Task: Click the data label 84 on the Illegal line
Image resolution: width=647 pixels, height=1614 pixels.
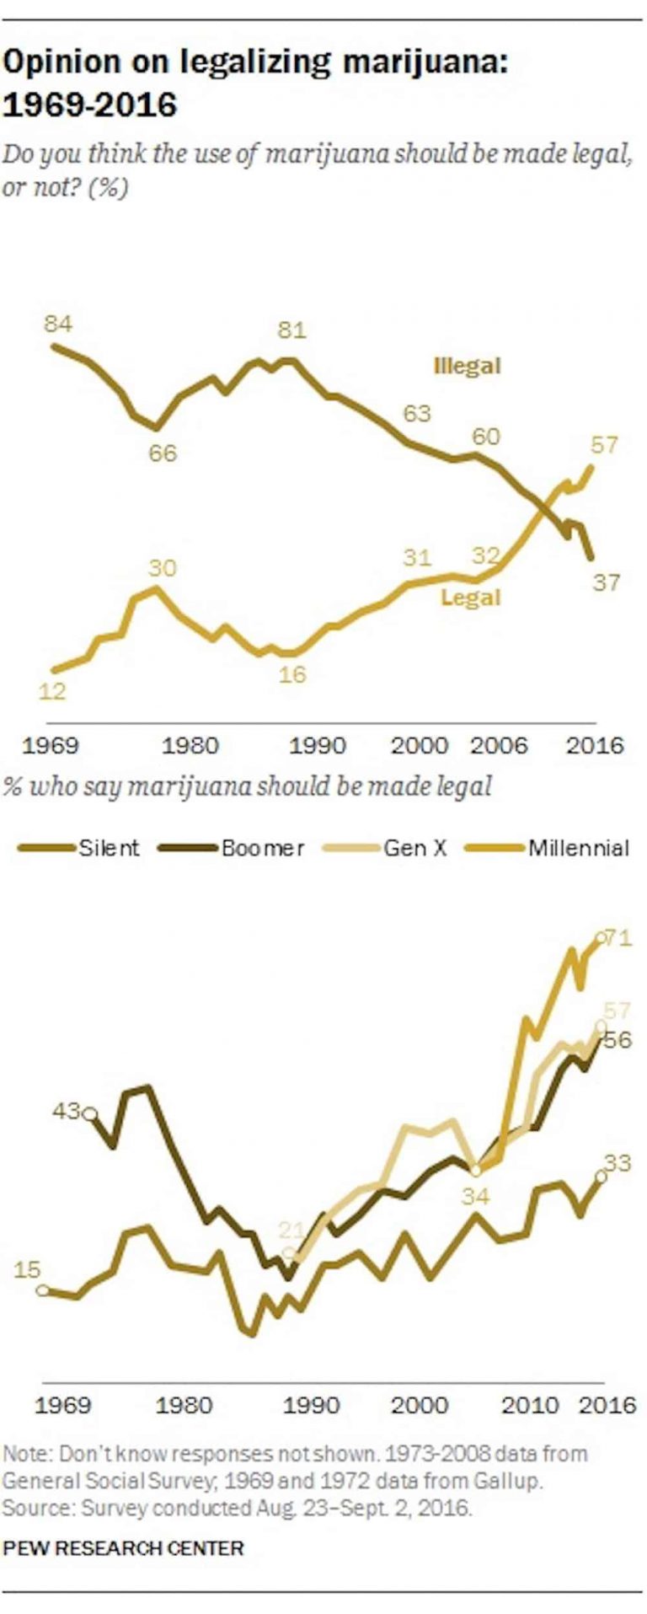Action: click(x=59, y=324)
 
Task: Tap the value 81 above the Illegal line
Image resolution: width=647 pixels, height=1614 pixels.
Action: click(x=291, y=330)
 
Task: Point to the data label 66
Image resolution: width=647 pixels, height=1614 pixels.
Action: click(x=163, y=453)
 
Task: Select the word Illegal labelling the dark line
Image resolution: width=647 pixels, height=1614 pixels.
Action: click(x=467, y=366)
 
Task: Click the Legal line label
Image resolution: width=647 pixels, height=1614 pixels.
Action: click(x=471, y=598)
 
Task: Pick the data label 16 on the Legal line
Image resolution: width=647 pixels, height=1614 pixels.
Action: click(x=292, y=674)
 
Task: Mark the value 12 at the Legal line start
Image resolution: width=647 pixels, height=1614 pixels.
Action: click(x=52, y=692)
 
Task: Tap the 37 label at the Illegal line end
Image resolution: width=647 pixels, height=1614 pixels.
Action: click(x=606, y=582)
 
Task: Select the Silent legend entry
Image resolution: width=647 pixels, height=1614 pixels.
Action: click(x=109, y=848)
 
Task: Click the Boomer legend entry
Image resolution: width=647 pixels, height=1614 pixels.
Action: click(x=262, y=848)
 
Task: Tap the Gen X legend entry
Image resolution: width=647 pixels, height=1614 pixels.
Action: click(x=415, y=848)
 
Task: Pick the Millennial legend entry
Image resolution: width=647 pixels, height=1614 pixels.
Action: click(x=578, y=848)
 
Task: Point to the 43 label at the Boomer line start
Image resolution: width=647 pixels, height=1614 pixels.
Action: click(x=67, y=1111)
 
